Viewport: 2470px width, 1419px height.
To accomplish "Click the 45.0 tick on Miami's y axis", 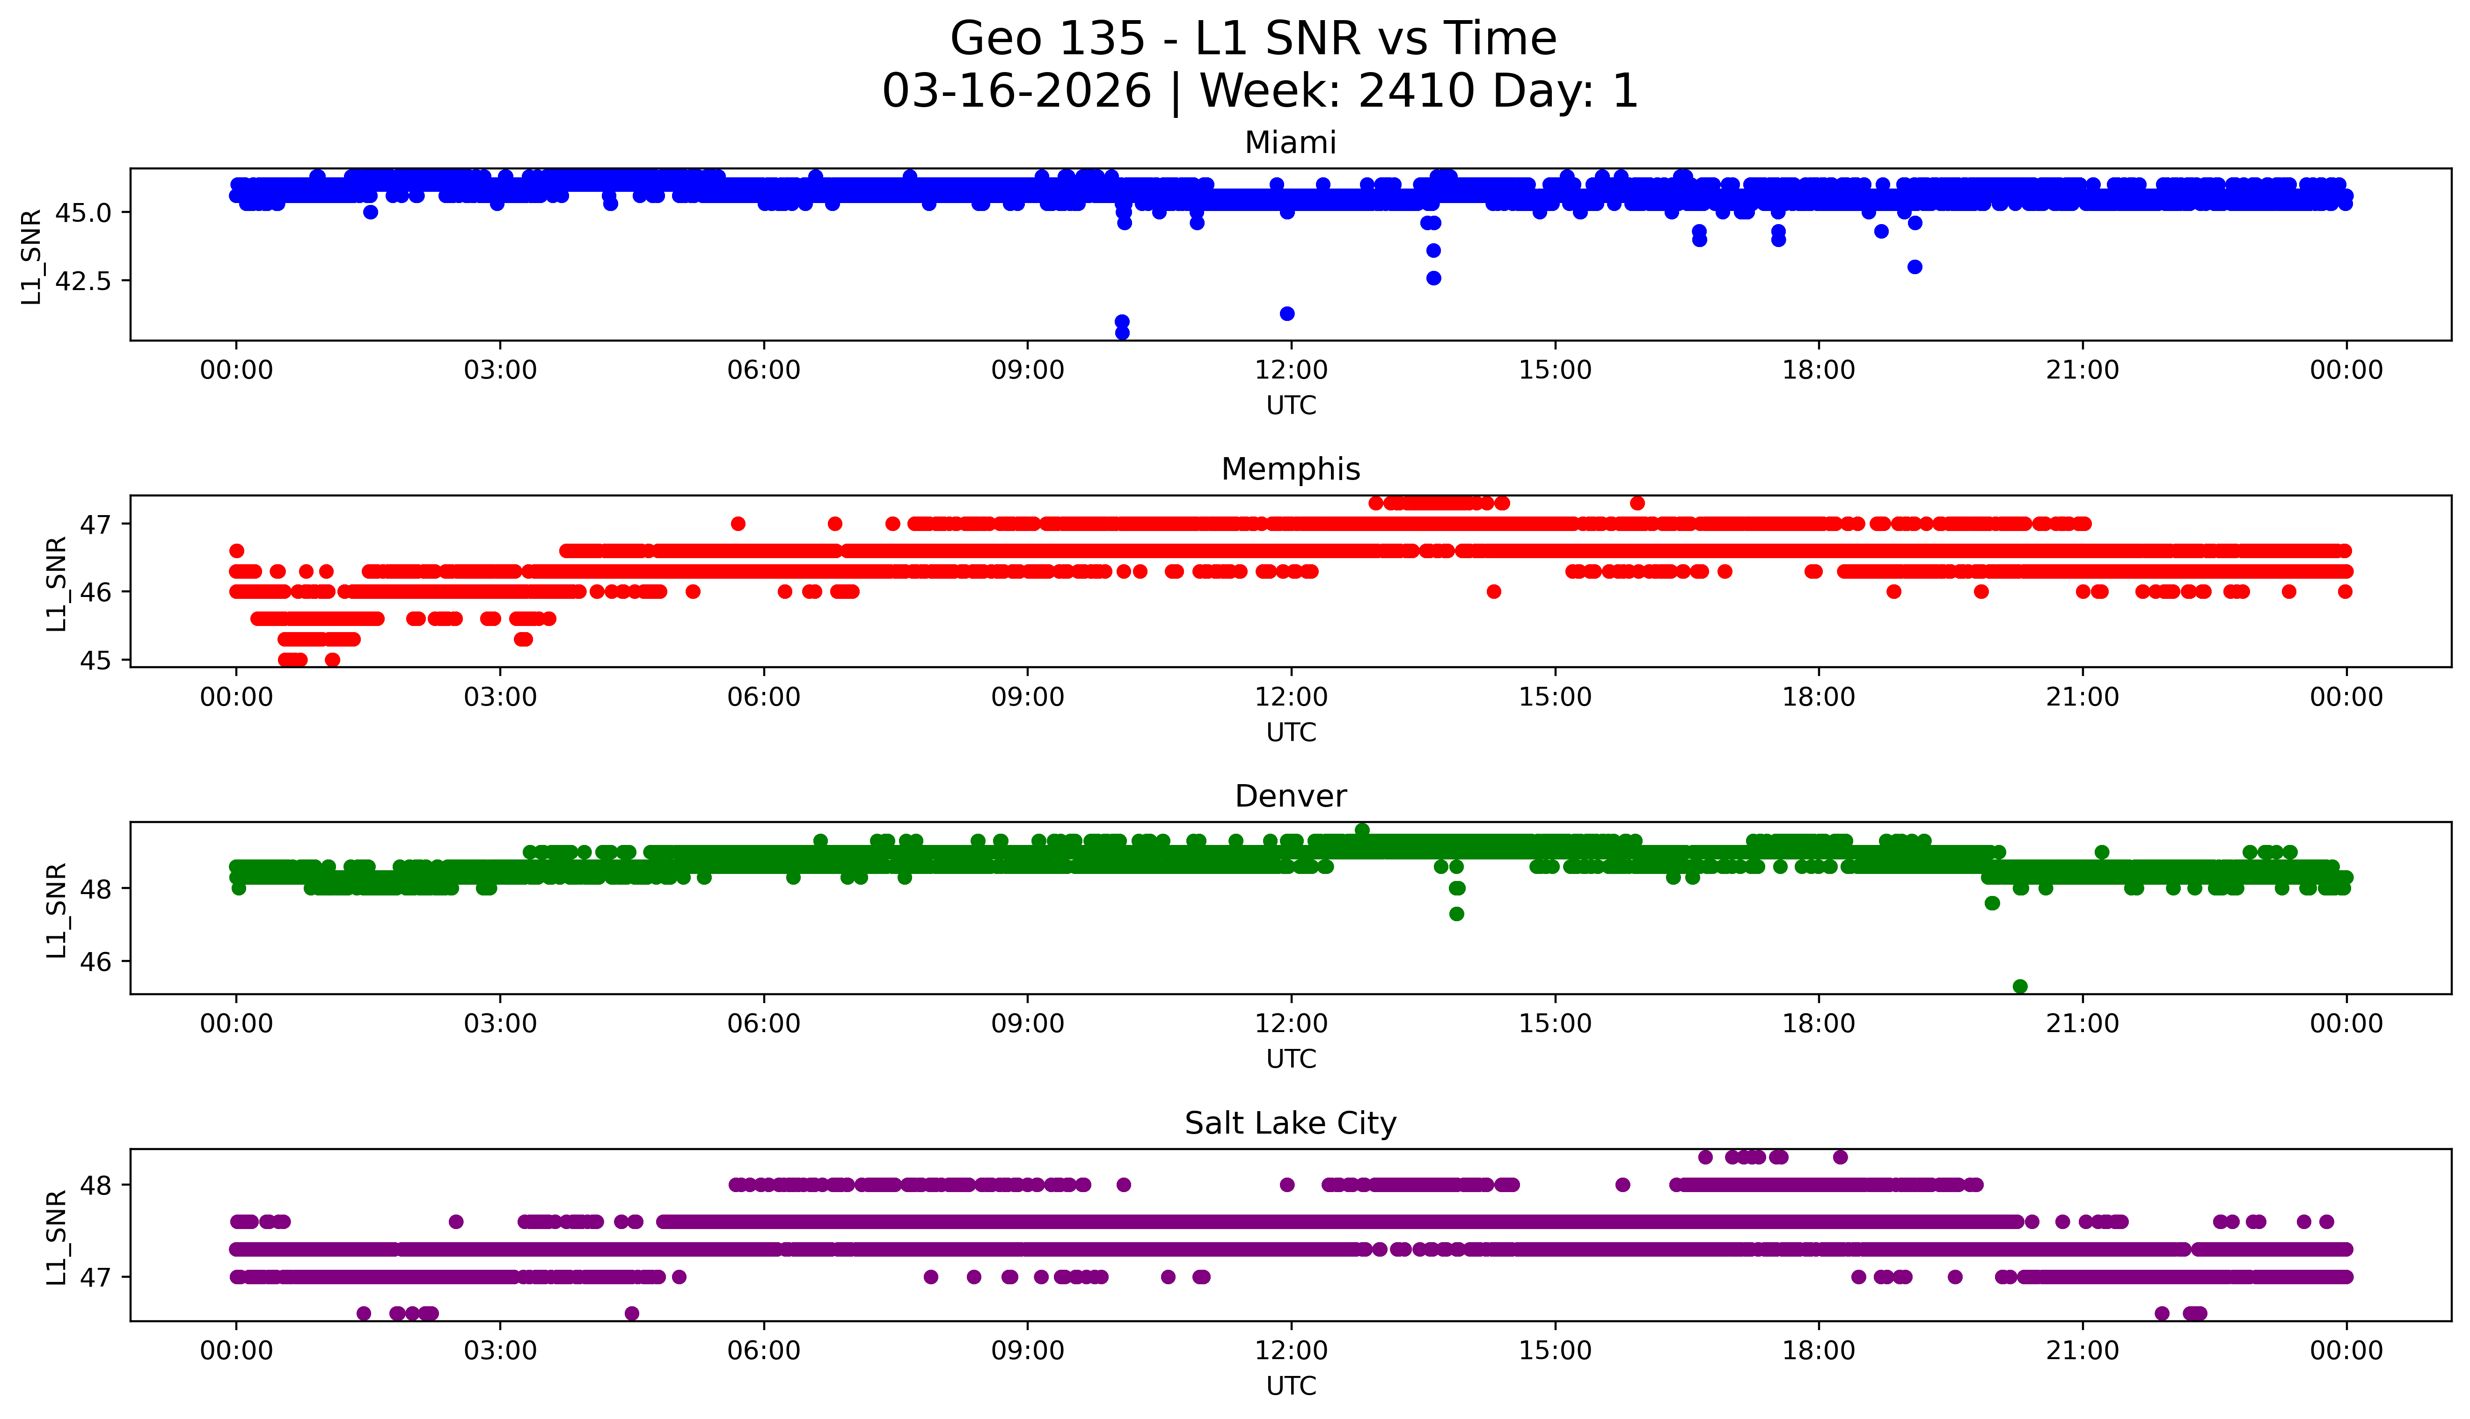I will [x=85, y=212].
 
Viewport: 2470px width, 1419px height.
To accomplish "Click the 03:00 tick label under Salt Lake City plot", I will [x=500, y=1351].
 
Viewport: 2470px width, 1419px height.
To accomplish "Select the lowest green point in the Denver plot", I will [x=2020, y=986].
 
